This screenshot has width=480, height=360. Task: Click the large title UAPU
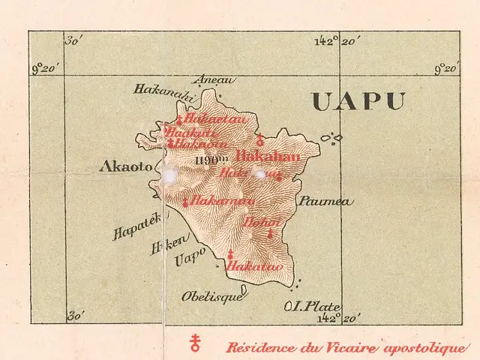coord(358,102)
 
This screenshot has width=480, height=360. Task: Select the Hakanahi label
coord(163,91)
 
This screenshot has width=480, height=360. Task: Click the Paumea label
coord(324,202)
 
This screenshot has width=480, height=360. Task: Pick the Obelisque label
coord(211,296)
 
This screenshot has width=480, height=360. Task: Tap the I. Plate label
coord(313,306)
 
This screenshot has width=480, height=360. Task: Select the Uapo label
coord(189,260)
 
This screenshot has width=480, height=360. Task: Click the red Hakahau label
coord(268,157)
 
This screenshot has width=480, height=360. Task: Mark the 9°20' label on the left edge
coord(46,69)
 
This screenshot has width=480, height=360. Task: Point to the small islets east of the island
coord(331,138)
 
